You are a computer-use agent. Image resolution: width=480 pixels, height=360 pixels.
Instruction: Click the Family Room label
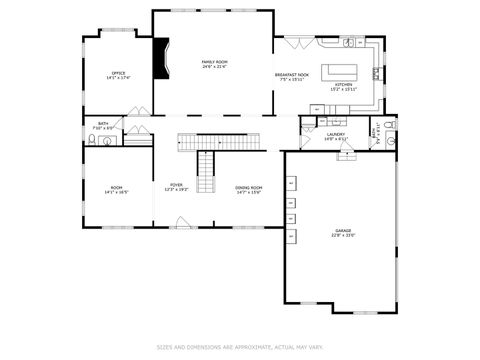(213, 62)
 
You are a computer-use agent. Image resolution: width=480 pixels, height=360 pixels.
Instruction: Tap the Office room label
(118, 73)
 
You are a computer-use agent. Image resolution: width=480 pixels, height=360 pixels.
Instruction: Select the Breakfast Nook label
(292, 75)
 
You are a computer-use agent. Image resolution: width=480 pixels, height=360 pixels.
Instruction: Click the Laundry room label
(336, 134)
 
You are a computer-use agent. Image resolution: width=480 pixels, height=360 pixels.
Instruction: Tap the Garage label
(343, 230)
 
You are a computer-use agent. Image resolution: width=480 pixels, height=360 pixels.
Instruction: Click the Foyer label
(176, 185)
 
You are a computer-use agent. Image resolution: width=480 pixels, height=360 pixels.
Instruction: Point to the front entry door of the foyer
(183, 223)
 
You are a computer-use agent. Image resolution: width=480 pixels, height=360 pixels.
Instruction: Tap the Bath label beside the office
(103, 124)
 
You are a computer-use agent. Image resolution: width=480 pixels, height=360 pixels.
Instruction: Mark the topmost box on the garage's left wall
(291, 184)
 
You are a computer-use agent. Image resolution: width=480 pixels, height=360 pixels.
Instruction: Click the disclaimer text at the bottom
(239, 347)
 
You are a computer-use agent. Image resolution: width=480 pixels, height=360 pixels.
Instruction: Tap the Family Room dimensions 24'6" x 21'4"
(213, 67)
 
